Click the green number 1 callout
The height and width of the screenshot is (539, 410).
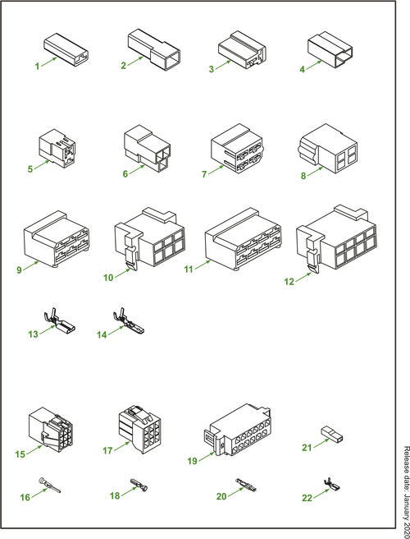pyautogui.click(x=37, y=66)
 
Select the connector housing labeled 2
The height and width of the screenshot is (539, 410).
pyautogui.click(x=154, y=50)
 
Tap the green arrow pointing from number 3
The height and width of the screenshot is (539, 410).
pyautogui.click(x=223, y=65)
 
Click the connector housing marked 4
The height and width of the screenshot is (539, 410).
pyautogui.click(x=330, y=50)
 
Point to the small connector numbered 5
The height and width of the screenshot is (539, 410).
pyautogui.click(x=57, y=149)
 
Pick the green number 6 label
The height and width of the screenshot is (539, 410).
pyautogui.click(x=125, y=174)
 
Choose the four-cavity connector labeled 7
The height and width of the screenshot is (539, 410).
pyautogui.click(x=237, y=149)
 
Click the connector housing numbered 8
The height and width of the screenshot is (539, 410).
pyautogui.click(x=328, y=149)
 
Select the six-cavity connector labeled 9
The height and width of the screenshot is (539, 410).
pyautogui.click(x=57, y=239)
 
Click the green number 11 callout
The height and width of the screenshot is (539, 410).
pyautogui.click(x=189, y=269)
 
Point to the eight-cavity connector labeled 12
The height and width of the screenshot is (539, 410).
pyautogui.click(x=336, y=238)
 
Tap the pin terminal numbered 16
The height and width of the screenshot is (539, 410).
pyautogui.click(x=50, y=486)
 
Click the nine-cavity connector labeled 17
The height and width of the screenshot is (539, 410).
pyautogui.click(x=139, y=430)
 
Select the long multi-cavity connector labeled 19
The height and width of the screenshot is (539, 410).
pyautogui.click(x=238, y=431)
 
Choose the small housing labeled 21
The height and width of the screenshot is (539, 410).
pyautogui.click(x=332, y=434)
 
